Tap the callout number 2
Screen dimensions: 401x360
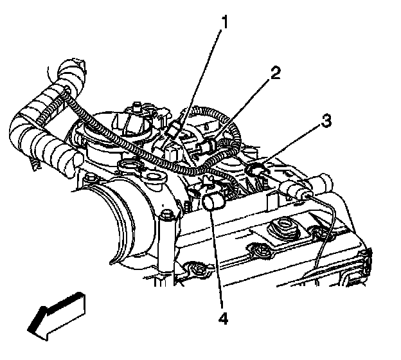(275, 72)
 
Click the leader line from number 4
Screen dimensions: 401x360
(217, 257)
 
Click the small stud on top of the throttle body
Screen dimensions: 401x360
(136, 105)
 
